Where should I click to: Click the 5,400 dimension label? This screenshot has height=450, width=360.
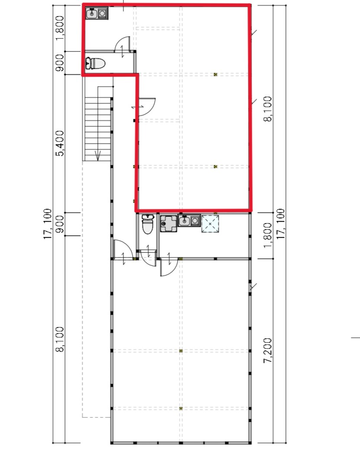tap(60, 143)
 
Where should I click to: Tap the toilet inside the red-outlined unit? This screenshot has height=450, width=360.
tap(95, 63)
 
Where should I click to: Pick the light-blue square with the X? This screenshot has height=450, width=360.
tap(210, 223)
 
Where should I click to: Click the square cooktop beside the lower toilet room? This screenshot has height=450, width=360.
tap(169, 223)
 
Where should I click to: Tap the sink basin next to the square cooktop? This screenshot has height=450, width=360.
tap(184, 220)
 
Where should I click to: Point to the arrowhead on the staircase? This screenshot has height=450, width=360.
tap(98, 157)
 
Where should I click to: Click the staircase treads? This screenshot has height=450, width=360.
tap(97, 129)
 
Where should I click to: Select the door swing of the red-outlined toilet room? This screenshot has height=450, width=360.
tap(123, 44)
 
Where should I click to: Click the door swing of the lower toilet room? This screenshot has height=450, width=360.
tap(149, 258)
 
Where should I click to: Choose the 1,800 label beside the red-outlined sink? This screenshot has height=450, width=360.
tap(60, 28)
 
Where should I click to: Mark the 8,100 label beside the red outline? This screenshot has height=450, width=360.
tap(268, 109)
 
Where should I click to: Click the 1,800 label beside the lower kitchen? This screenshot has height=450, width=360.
tap(268, 236)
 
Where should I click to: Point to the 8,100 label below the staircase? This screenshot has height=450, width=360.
tap(60, 339)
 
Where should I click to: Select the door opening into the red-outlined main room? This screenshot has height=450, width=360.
tap(147, 107)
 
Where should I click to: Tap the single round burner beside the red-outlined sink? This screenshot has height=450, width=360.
tap(102, 13)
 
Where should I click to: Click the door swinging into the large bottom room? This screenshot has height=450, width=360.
tap(169, 267)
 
